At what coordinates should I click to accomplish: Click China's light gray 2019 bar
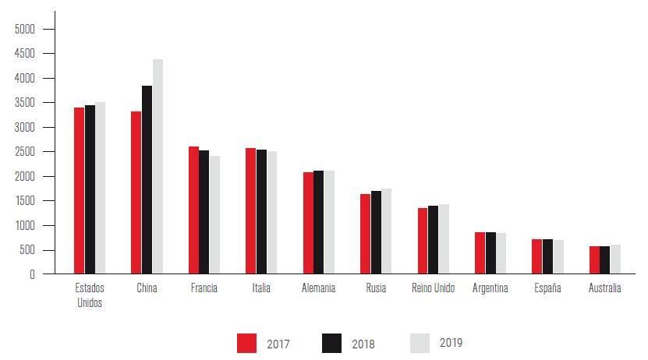[x=158, y=167]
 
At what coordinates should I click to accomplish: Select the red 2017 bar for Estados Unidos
[x=79, y=191]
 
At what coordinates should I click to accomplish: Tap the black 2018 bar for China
[x=147, y=180]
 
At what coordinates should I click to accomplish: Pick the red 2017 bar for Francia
[x=193, y=210]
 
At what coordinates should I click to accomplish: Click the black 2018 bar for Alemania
[x=318, y=222]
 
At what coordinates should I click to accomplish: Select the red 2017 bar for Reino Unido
[x=423, y=241]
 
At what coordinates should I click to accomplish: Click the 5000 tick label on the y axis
[x=24, y=29]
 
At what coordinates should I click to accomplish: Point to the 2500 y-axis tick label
[x=24, y=152]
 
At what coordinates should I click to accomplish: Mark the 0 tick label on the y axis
[x=32, y=274]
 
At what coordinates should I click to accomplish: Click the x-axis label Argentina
[x=490, y=288]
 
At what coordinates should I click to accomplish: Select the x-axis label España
[x=547, y=288]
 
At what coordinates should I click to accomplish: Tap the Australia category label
[x=605, y=288]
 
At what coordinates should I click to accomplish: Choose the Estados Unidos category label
[x=90, y=295]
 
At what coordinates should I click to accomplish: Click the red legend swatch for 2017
[x=247, y=343]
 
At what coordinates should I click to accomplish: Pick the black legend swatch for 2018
[x=331, y=343]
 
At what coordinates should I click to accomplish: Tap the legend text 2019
[x=451, y=343]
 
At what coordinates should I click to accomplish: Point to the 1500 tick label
[x=24, y=201]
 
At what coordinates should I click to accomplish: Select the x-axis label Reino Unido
[x=433, y=288]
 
